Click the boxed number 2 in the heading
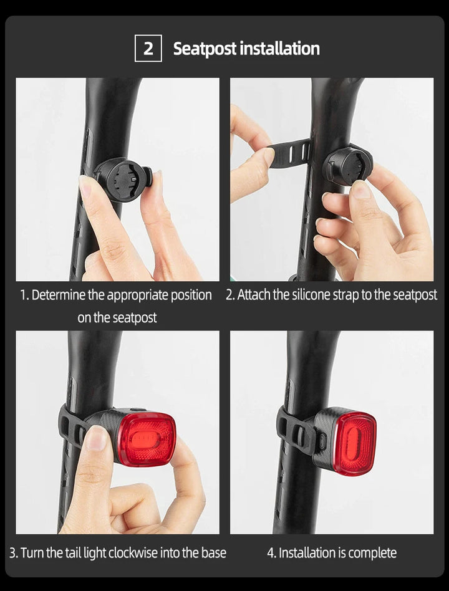pos(148,49)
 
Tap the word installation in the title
pos(280,49)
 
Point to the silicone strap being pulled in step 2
pos(288,153)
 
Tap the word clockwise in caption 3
pos(134,552)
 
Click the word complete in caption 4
pos(372,552)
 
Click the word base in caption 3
pos(213,552)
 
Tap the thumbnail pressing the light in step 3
pos(95,438)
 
